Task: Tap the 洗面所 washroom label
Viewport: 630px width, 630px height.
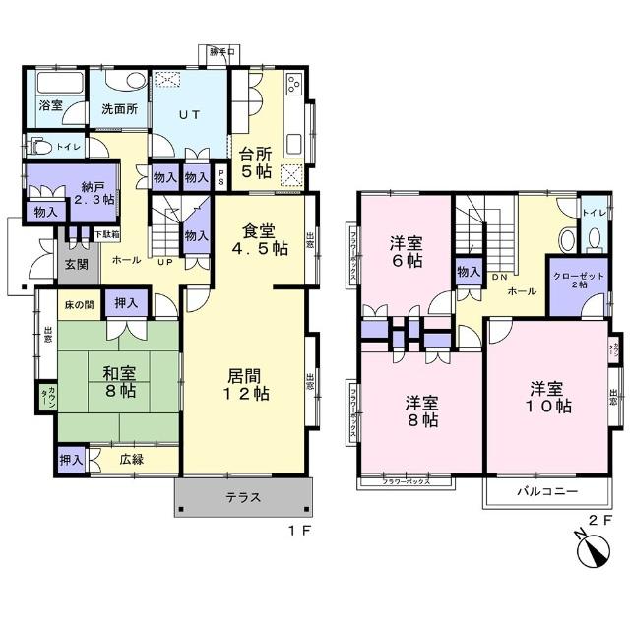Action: point(119,109)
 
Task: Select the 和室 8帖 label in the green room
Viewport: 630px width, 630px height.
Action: point(119,381)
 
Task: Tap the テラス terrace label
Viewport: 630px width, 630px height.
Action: point(243,497)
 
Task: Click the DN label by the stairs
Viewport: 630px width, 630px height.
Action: point(499,277)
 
